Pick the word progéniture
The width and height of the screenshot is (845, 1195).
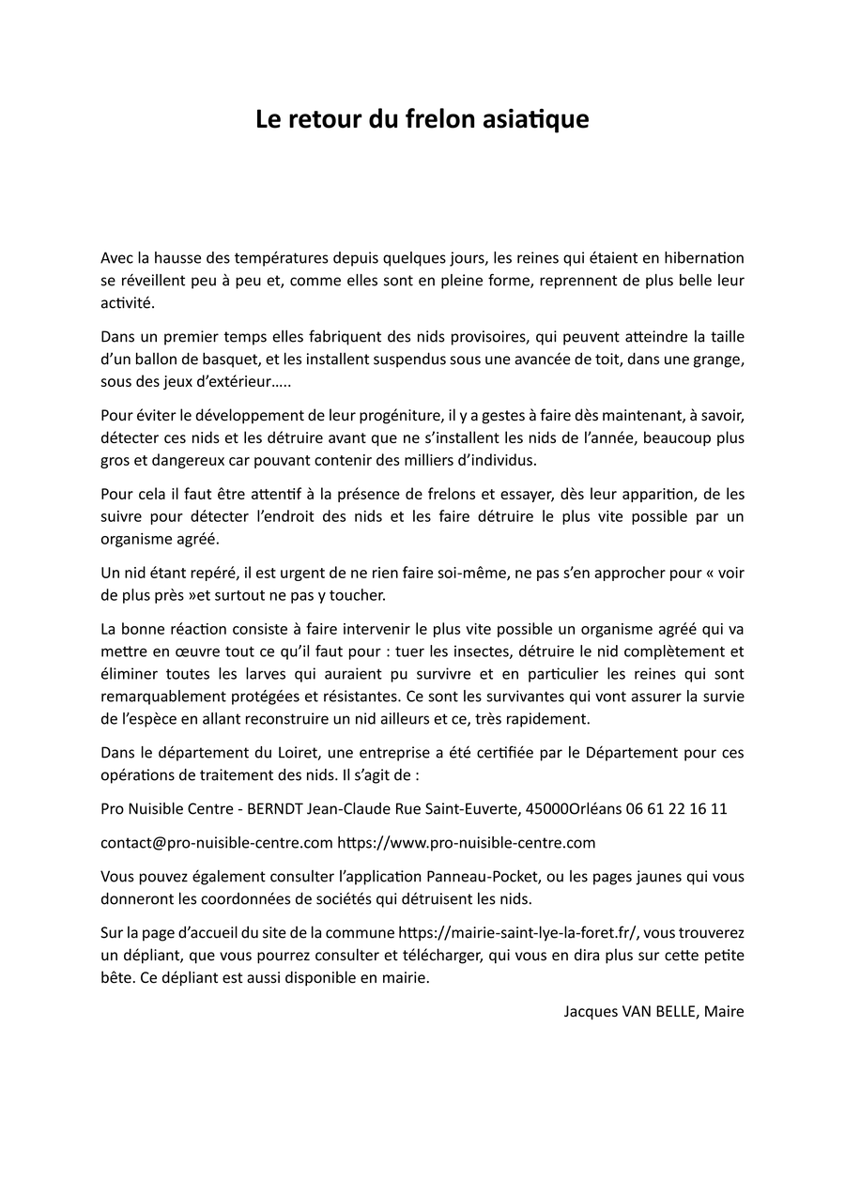tap(388, 415)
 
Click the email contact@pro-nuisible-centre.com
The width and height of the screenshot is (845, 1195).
tap(217, 843)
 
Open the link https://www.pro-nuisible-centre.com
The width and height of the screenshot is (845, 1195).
tap(467, 843)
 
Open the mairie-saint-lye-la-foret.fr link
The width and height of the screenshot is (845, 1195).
tap(519, 933)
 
